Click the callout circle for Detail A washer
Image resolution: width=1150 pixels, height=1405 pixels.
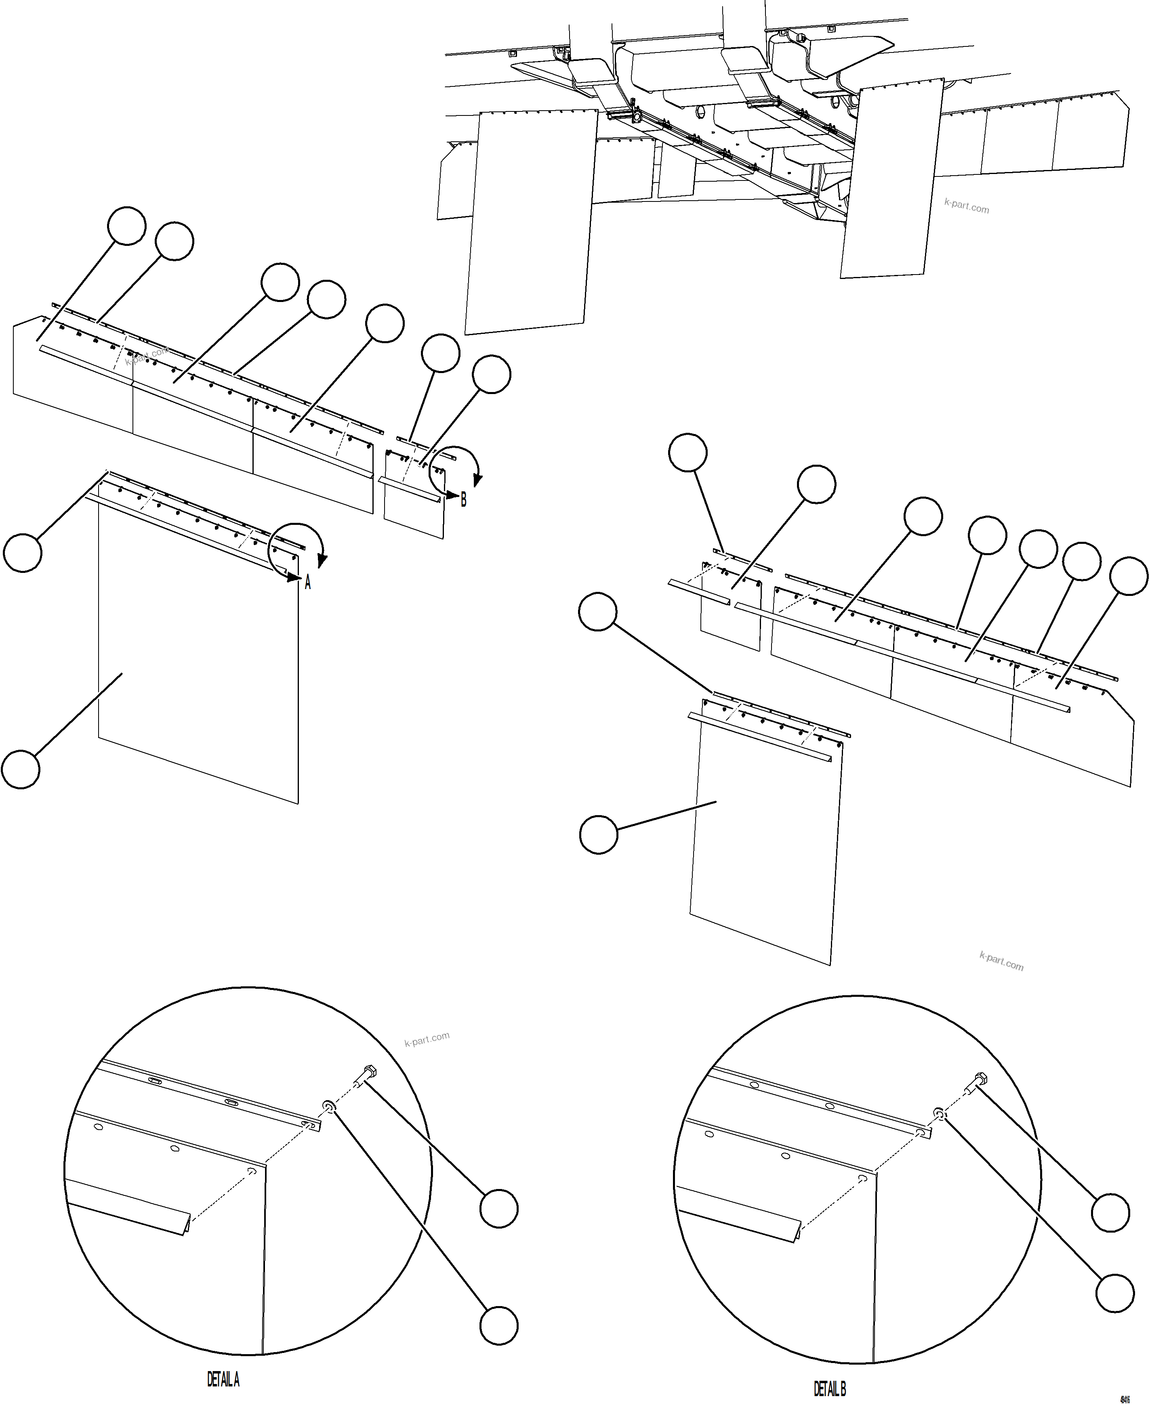(x=498, y=1325)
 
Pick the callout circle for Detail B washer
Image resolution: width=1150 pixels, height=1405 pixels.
(x=1115, y=1292)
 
